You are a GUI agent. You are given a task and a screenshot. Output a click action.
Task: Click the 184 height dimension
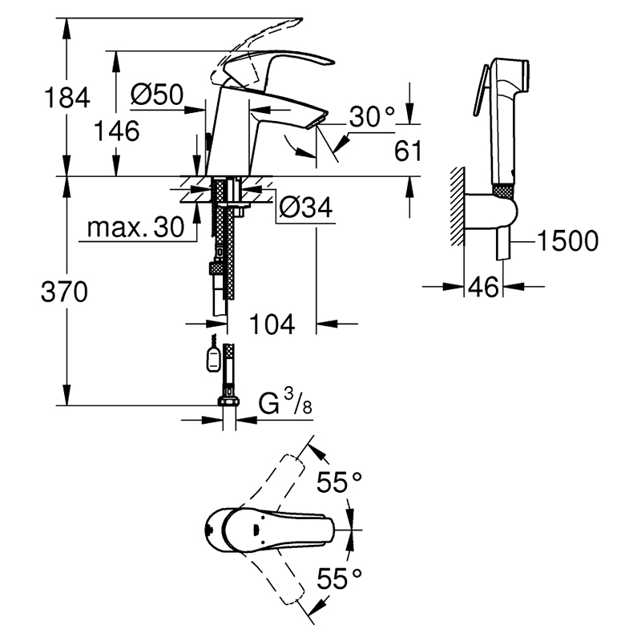67,97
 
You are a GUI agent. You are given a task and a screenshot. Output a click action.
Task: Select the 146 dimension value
116,131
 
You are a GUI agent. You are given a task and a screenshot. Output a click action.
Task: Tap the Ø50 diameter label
157,95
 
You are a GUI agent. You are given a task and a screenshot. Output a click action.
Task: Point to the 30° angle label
372,116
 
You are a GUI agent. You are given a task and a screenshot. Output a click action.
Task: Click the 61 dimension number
408,151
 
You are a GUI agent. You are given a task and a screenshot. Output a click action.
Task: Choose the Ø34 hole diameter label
306,208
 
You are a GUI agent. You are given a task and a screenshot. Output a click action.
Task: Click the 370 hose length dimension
65,292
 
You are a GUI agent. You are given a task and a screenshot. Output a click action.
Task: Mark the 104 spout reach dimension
272,325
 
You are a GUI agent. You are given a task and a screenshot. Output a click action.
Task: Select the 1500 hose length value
567,241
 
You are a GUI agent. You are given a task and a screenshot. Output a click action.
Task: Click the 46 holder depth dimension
483,287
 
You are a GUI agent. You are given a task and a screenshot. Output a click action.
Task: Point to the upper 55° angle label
339,482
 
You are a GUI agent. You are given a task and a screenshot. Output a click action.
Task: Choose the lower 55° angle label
339,579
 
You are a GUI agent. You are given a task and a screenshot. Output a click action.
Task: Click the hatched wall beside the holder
458,207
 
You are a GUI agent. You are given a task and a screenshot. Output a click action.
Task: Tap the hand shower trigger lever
481,91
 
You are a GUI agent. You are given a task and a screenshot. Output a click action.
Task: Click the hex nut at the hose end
229,400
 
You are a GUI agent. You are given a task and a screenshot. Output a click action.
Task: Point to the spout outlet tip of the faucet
317,122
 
